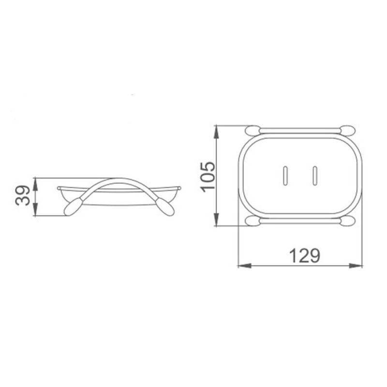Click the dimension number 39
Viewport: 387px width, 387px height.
pos(23,195)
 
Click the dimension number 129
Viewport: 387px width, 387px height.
pos(305,256)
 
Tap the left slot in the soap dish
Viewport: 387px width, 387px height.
pos(285,176)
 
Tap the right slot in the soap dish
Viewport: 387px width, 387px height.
pos(315,176)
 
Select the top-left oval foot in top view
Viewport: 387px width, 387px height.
pos(253,130)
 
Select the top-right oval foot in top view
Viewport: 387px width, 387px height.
pos(348,130)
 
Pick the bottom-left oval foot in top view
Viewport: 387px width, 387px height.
pos(253,221)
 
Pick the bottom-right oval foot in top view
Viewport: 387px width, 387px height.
pos(348,221)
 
